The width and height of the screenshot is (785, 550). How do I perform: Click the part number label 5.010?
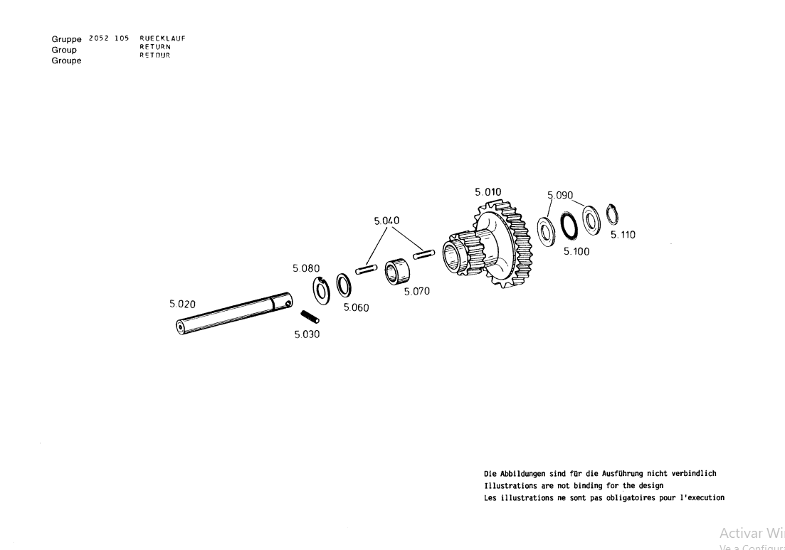click(x=488, y=192)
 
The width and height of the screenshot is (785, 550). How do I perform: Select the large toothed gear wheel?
click(x=498, y=249)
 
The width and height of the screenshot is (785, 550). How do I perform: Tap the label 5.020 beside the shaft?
click(x=182, y=304)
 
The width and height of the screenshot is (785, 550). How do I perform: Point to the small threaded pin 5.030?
click(x=309, y=317)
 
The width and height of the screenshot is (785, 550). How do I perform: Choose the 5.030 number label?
click(x=307, y=334)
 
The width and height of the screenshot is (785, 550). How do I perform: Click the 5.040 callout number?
click(x=386, y=221)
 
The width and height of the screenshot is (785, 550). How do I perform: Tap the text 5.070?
click(x=416, y=291)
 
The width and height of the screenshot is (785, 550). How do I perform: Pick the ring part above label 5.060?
click(x=344, y=285)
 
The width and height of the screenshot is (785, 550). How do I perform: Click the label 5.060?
click(x=356, y=308)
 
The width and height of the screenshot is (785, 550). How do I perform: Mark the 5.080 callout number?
click(x=305, y=269)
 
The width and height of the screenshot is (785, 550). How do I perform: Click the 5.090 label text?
click(x=560, y=195)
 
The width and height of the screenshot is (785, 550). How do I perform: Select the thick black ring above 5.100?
click(x=569, y=227)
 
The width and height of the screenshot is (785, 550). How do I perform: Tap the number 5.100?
click(x=576, y=251)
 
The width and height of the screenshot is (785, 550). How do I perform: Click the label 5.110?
click(x=623, y=235)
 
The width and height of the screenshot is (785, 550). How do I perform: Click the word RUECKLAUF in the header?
click(x=162, y=38)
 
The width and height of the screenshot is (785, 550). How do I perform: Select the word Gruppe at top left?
click(x=66, y=39)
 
